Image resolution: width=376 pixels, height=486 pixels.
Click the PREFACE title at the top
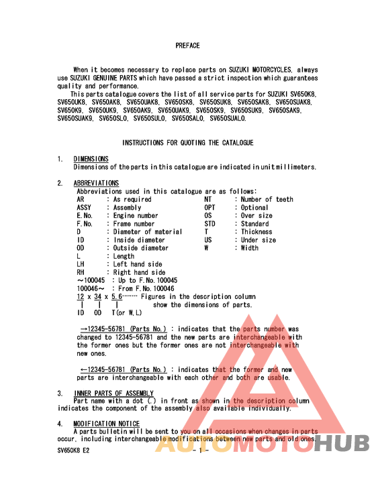[x=187, y=46]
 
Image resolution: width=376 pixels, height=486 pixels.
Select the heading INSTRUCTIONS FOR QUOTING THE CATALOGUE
[x=187, y=143]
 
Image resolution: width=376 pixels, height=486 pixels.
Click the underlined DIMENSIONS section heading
[x=91, y=159]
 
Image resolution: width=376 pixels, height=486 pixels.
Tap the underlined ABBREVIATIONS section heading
[x=96, y=183]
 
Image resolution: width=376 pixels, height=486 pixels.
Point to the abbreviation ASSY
[x=84, y=208]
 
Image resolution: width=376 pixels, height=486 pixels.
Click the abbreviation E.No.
[x=85, y=216]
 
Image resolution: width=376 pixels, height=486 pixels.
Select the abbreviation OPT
[x=210, y=208]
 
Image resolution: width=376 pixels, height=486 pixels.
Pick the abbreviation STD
[x=210, y=224]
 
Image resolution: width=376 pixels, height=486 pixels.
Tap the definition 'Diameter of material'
[x=147, y=232]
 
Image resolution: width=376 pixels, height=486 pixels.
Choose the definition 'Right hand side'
[x=139, y=272]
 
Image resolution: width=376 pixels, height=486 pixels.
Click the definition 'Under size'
[x=258, y=240]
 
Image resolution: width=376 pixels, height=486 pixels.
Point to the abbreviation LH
[x=81, y=264]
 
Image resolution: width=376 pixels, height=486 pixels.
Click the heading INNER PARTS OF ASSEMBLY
[x=113, y=393]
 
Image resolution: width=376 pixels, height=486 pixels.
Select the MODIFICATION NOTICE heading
[x=107, y=424]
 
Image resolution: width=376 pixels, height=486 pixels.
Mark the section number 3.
[x=60, y=393]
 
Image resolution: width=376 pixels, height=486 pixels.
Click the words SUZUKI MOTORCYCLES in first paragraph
[x=262, y=70]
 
